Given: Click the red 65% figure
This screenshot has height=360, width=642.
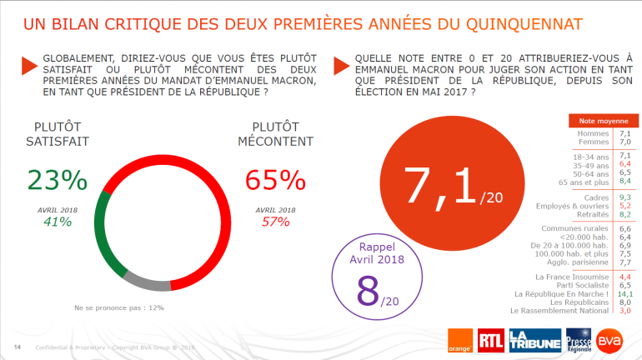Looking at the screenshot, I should click(274, 179).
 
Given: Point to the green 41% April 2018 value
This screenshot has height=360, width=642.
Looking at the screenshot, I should click(57, 222).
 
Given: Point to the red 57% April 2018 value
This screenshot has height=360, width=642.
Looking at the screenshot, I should click(275, 222).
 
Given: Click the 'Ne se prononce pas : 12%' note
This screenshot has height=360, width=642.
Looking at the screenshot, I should click(119, 308).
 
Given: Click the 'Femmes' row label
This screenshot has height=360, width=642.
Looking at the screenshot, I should click(595, 142).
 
